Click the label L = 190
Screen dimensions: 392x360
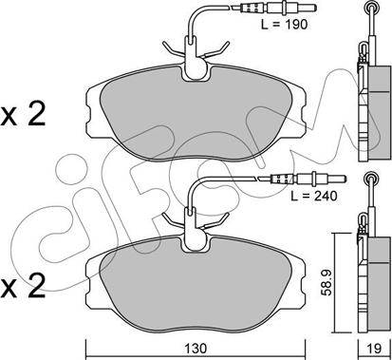(284, 24)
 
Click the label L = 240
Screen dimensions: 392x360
(314, 197)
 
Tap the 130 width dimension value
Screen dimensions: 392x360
(196, 349)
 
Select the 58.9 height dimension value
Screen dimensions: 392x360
(327, 283)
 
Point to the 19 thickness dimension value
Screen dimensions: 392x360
(374, 349)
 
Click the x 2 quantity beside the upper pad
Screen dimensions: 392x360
(23, 116)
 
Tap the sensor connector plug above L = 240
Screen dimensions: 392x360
(302, 180)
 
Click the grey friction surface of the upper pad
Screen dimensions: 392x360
(196, 114)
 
